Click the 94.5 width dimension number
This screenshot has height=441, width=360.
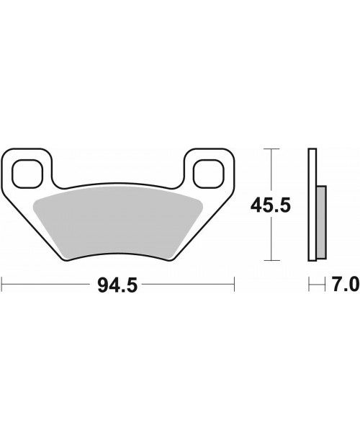117,285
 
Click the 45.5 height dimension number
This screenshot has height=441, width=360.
270,205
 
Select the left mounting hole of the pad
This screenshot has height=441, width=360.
27,174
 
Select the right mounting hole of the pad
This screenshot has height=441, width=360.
209,174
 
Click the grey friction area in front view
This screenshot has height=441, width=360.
118,222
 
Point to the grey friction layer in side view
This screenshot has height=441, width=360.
322,222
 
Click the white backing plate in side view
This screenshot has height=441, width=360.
312,205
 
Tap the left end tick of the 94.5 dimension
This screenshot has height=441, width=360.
1,285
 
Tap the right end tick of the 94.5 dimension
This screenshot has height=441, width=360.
234,285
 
